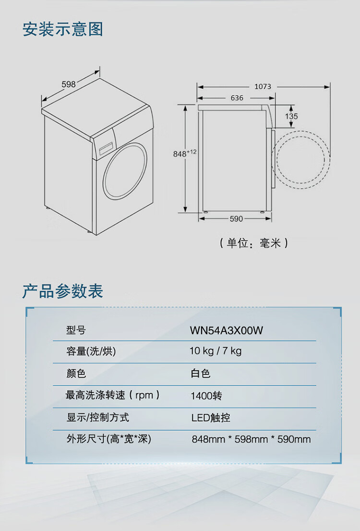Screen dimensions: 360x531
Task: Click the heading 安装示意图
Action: tap(63, 29)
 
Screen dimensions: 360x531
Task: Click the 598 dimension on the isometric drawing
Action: tap(69, 84)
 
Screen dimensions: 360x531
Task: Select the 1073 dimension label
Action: tap(263, 86)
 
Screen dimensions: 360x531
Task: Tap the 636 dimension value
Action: tap(237, 98)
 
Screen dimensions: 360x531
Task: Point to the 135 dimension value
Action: tap(291, 116)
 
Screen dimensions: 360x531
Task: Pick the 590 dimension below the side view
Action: tap(236, 219)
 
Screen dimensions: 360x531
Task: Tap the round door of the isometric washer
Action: tap(125, 170)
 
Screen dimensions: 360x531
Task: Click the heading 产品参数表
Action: tap(63, 291)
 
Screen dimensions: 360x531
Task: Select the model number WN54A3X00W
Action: tap(227, 330)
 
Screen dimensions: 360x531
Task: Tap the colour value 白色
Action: tap(201, 374)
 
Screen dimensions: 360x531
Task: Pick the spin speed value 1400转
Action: tap(206, 396)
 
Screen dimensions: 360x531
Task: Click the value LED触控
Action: tap(211, 418)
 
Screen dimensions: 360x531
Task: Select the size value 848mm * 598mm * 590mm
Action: tap(251, 439)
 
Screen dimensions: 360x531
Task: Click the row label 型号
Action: tap(76, 330)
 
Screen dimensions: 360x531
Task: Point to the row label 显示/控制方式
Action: tap(97, 417)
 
